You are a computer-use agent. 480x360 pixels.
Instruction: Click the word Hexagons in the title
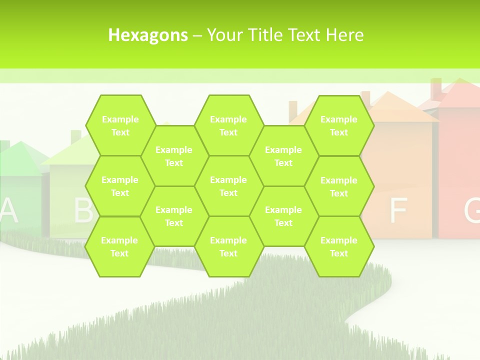coord(148,35)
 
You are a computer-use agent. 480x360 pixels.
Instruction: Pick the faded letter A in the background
coord(8,210)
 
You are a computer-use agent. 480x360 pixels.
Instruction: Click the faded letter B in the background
coord(83,210)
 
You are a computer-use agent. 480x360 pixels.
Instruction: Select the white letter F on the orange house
coord(398,210)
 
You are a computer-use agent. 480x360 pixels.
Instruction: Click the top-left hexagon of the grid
coord(120,125)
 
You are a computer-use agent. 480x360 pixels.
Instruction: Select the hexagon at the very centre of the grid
coord(228,186)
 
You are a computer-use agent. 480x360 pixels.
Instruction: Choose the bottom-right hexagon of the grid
coord(339,246)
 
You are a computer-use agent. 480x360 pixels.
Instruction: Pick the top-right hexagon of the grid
coord(339,125)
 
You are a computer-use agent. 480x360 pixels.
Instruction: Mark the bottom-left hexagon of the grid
coord(119,246)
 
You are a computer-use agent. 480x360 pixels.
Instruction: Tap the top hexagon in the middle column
coord(228,125)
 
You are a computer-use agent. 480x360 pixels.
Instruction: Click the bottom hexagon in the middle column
coord(228,246)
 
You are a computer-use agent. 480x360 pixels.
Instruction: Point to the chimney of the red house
coord(436,89)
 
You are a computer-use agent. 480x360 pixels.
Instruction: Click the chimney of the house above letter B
coord(76,136)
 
